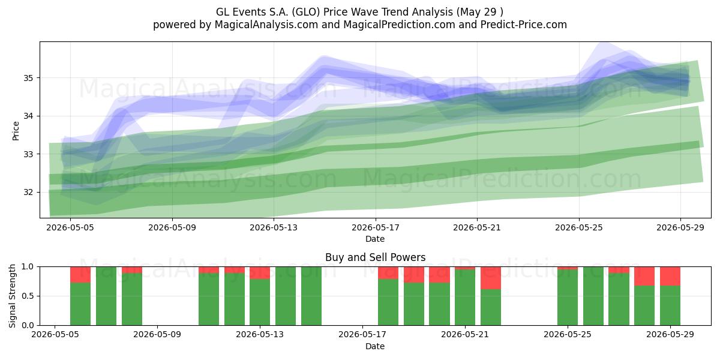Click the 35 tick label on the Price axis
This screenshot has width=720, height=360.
(28, 78)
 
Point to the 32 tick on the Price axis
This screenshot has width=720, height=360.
(28, 192)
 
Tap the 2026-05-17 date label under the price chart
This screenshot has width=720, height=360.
(376, 227)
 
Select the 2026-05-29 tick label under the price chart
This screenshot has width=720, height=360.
(680, 227)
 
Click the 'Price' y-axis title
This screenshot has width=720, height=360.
(16, 131)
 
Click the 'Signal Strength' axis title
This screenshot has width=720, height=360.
(12, 296)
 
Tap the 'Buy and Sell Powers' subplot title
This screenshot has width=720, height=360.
(376, 257)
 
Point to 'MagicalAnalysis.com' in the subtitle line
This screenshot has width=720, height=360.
(266, 25)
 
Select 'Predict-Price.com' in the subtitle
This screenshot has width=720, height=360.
(524, 25)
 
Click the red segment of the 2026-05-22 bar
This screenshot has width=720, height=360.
(491, 278)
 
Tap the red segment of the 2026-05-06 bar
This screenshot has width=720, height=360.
(80, 275)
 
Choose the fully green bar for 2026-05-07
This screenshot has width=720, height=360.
(106, 296)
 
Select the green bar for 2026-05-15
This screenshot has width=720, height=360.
(311, 296)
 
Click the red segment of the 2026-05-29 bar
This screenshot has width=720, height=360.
(670, 276)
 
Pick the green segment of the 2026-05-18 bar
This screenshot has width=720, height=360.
(388, 302)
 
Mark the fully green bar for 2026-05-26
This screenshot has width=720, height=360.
(593, 296)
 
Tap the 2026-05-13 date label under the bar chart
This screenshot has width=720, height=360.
(260, 335)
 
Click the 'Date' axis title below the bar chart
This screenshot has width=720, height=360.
(375, 346)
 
